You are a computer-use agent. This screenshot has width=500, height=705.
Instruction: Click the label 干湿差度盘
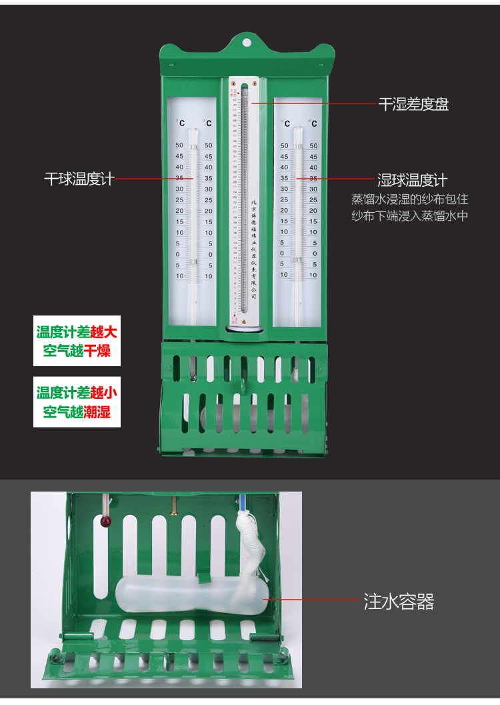[413, 104]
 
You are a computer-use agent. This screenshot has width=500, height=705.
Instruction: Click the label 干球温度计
[79, 179]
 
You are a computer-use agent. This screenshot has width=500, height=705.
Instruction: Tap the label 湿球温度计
[413, 179]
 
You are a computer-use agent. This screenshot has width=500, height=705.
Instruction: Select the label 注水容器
[399, 602]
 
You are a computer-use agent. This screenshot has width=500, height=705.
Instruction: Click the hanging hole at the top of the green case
[247, 42]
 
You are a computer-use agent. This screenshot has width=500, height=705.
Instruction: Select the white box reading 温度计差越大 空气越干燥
[77, 341]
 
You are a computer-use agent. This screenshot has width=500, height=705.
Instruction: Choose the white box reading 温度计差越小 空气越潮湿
[77, 402]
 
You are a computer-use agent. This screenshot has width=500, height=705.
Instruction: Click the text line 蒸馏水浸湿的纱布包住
[409, 199]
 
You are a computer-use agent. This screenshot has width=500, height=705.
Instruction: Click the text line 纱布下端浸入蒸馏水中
[409, 215]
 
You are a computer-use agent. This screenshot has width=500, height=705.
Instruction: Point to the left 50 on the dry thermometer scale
[179, 145]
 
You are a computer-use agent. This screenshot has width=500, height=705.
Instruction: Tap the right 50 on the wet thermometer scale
[313, 145]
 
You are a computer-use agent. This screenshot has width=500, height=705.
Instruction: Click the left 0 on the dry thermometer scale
[178, 254]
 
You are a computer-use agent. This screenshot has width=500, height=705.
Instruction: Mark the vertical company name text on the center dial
[253, 247]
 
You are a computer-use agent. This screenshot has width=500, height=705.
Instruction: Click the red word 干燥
[97, 351]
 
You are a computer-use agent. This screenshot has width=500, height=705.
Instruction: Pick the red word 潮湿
[97, 412]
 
